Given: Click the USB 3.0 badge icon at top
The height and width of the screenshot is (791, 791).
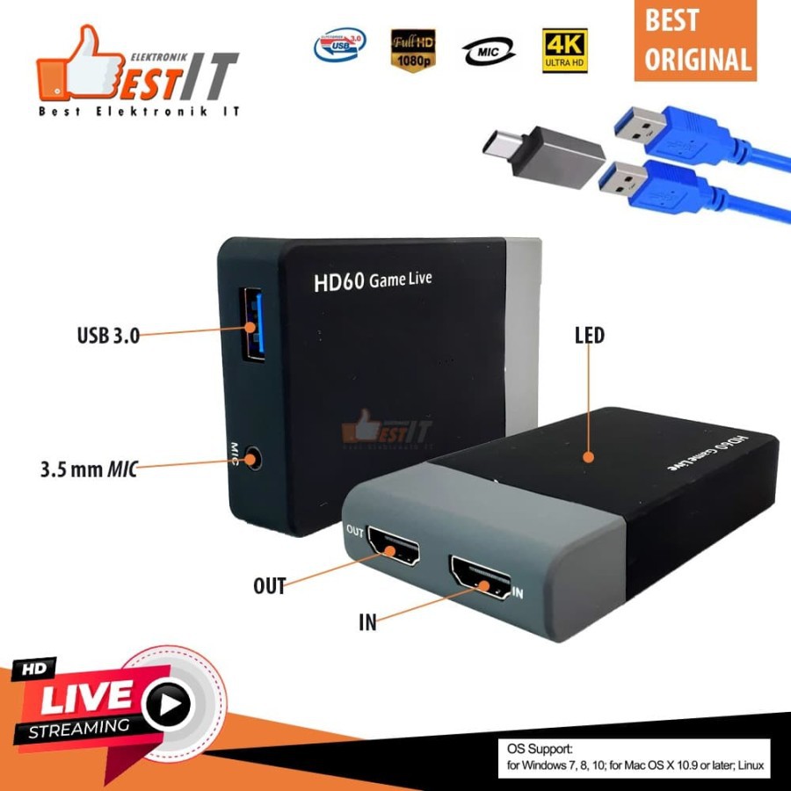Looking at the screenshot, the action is [340, 47].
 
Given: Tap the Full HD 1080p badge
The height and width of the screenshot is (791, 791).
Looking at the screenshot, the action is [413, 51].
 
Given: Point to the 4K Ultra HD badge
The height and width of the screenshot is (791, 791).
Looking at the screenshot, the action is [565, 52].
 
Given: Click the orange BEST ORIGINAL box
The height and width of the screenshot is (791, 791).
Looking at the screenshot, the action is [695, 40].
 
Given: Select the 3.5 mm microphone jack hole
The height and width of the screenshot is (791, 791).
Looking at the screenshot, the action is [255, 458].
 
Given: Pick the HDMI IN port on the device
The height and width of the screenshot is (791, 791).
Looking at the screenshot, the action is [480, 578].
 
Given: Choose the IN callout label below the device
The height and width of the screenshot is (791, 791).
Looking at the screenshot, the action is [367, 623].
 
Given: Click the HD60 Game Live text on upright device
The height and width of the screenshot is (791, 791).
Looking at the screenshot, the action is [373, 282].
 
